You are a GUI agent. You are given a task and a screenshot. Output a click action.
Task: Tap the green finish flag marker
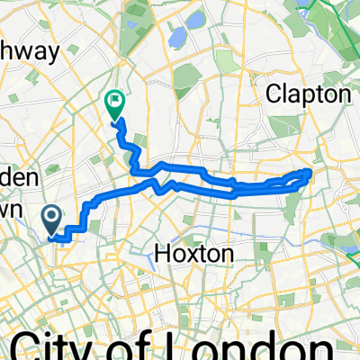click(x=115, y=104)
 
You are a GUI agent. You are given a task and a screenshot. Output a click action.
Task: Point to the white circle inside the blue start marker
click(x=51, y=216)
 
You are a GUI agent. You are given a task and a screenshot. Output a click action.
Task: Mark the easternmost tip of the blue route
click(x=310, y=171)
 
